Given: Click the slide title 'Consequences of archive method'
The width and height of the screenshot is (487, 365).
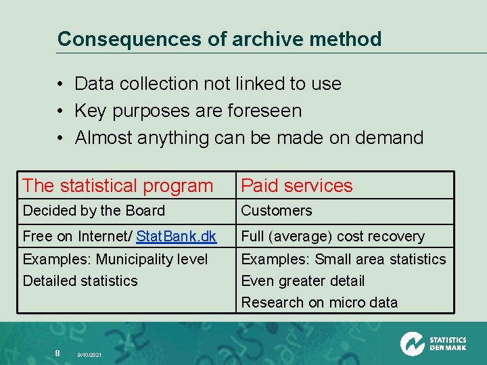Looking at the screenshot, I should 219,39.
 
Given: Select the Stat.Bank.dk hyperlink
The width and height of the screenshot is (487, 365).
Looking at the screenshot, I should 176,237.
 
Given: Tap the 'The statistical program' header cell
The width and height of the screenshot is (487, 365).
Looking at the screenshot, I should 118,185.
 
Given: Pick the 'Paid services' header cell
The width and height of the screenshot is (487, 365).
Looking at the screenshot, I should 297,185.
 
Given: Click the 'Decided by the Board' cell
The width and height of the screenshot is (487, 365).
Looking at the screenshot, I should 94,211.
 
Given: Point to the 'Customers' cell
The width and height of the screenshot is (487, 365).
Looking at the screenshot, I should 277,211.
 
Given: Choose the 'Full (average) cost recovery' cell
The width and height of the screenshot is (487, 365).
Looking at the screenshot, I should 333,237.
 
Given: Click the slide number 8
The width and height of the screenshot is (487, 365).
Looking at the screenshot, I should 57,352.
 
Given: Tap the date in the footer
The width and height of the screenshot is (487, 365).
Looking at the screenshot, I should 89,354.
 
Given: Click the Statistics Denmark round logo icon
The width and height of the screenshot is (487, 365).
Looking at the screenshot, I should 412,344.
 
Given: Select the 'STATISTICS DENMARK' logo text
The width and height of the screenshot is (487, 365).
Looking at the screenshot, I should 448,344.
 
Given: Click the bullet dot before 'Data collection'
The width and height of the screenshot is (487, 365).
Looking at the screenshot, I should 60,84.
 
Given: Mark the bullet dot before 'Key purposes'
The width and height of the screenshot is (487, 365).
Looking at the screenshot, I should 60,112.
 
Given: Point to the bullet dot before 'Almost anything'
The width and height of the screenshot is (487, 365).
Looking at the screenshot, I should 60,139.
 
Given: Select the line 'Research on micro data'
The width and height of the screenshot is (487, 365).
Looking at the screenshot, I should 319,302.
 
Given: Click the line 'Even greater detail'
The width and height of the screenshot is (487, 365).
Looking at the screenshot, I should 303,281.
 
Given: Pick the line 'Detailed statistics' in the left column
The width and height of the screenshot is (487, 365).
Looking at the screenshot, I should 80,281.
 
